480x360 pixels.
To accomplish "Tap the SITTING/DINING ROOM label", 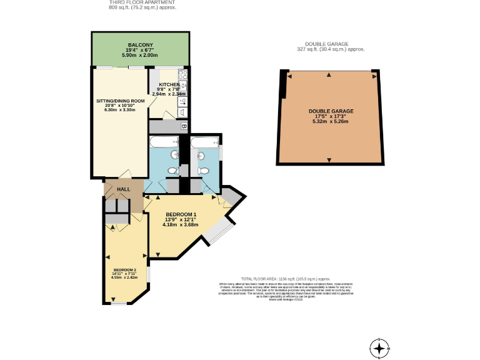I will click(120, 101).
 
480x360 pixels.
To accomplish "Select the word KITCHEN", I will click(169, 84).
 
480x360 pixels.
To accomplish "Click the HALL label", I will click(123, 189).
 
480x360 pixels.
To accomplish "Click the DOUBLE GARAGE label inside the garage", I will click(331, 111).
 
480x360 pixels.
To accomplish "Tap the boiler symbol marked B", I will click(184, 126).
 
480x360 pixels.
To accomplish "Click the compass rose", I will click(379, 348).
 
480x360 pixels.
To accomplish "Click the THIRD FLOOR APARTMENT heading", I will click(142, 2).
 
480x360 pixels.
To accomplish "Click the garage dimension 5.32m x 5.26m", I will click(331, 121).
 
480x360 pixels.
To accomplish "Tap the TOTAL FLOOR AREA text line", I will click(285, 279).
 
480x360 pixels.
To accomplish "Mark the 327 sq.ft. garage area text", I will click(330, 49).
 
